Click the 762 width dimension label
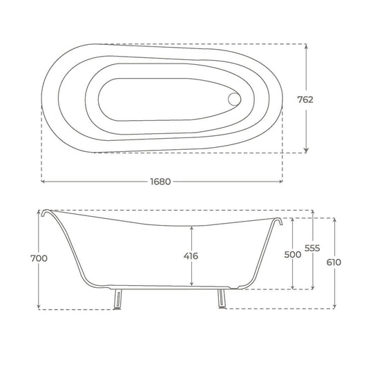coord(305,99)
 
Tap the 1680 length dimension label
coord(161,182)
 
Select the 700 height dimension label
coord(39,258)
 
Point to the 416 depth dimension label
coord(191,256)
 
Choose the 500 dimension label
coord(293,254)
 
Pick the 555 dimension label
coord(312,248)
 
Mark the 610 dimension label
coord(333,262)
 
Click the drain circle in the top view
coord(234,99)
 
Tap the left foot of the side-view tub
coord(118,299)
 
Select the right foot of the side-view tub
coord(222,298)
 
